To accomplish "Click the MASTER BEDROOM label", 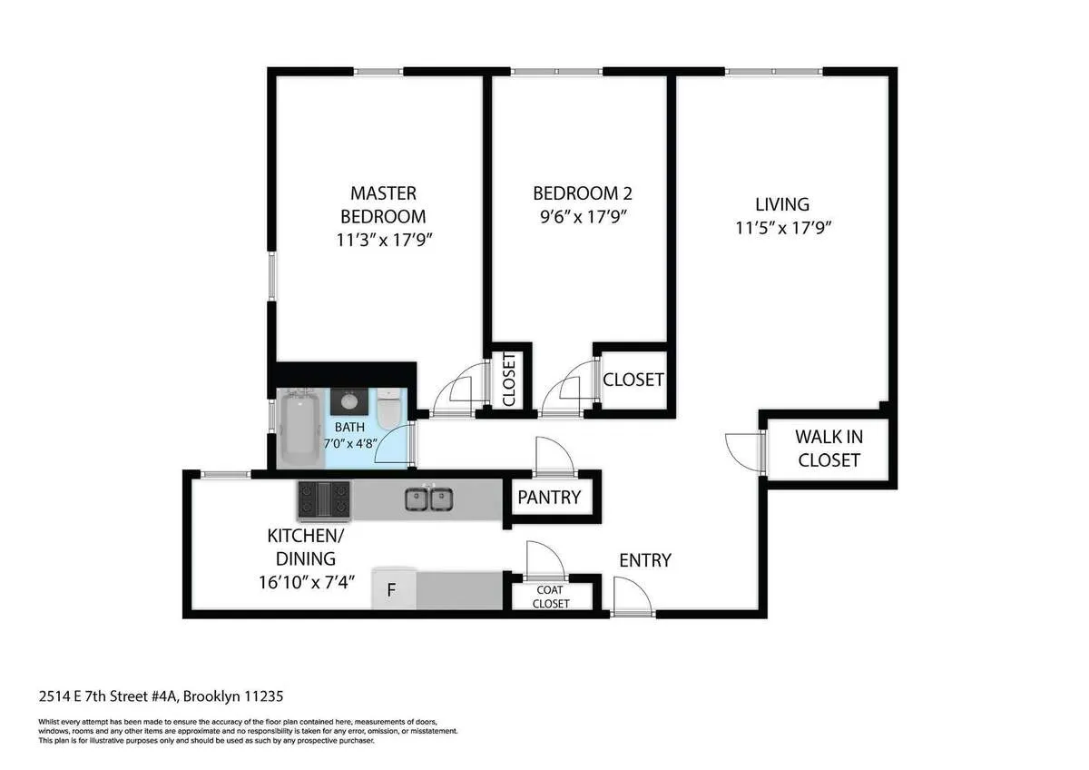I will [383, 204].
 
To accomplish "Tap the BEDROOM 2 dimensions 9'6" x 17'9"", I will [582, 217].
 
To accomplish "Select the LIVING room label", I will [783, 204].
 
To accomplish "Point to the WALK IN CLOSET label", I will [829, 448].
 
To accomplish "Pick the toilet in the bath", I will [389, 409].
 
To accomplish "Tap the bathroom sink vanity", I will [348, 400].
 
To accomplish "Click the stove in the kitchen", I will [324, 499].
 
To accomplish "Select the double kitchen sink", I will [429, 499].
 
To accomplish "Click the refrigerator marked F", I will [393, 590].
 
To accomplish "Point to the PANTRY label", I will [548, 498].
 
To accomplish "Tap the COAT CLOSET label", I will [551, 597].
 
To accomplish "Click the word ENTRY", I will [644, 560].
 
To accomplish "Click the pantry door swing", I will [553, 456].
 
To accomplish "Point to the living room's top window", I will [773, 71].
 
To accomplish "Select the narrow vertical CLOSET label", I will [508, 379].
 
